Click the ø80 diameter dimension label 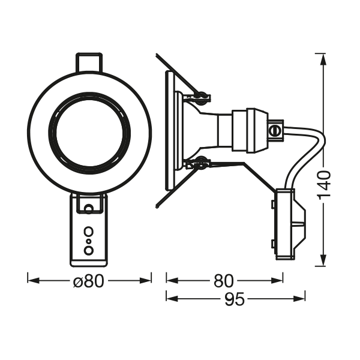coord(89,280)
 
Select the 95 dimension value coord(235,298)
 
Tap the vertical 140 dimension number coord(325,185)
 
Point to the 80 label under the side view coord(224,280)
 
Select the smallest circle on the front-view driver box coord(89,241)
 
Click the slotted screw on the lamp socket coord(276,128)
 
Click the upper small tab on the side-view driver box coord(272,205)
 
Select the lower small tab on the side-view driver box coord(272,244)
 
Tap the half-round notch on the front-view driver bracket coord(89,208)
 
